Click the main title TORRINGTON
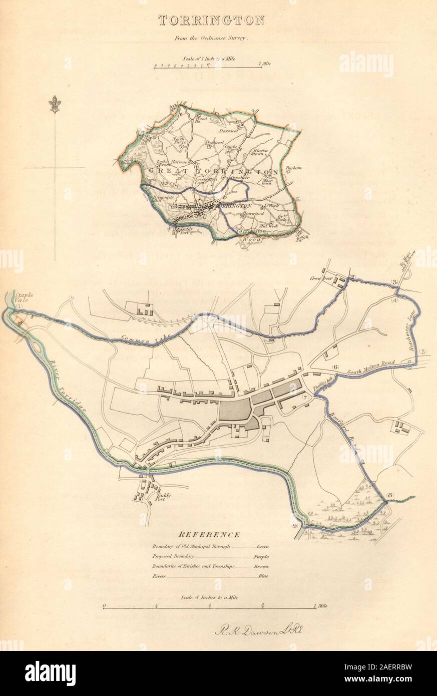[212, 21]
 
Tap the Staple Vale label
[24, 296]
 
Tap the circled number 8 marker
[391, 496]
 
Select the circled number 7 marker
[305, 397]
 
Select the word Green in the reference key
[263, 547]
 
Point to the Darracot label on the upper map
[228, 130]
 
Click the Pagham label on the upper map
[293, 169]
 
